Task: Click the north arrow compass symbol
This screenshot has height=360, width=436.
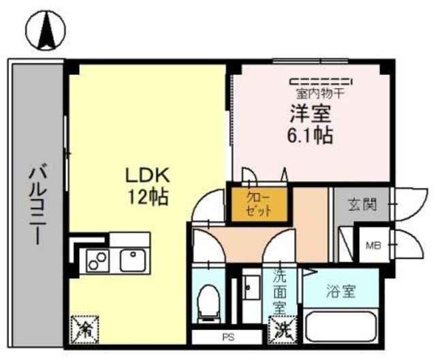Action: point(46,31)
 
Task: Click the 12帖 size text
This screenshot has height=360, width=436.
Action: point(146,198)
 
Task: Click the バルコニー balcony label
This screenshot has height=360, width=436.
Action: point(35,205)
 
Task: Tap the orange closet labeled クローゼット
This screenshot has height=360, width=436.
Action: point(259,204)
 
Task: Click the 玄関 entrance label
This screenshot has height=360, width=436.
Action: point(361,204)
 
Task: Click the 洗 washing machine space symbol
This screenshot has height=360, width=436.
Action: point(283,329)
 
